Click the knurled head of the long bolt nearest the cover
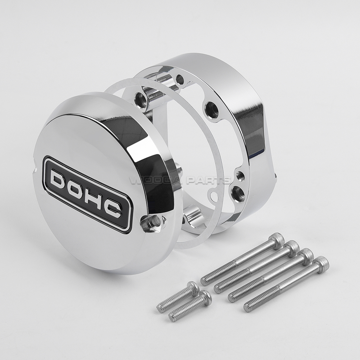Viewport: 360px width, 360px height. [x=277, y=240]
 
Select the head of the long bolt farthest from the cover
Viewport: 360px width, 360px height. [x=321, y=264]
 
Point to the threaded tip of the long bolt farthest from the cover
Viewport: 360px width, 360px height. [x=249, y=308]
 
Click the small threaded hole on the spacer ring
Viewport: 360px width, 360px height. [x=240, y=176]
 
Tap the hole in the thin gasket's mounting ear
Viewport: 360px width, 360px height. [x=214, y=197]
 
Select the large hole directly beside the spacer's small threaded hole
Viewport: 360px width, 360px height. [x=238, y=194]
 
